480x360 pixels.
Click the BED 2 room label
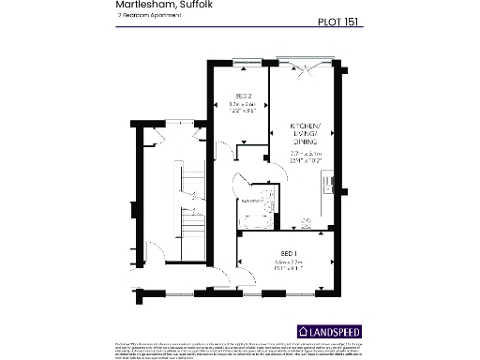[242, 97]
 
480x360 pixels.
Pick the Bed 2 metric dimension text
[242, 104]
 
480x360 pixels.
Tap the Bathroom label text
[252, 201]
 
